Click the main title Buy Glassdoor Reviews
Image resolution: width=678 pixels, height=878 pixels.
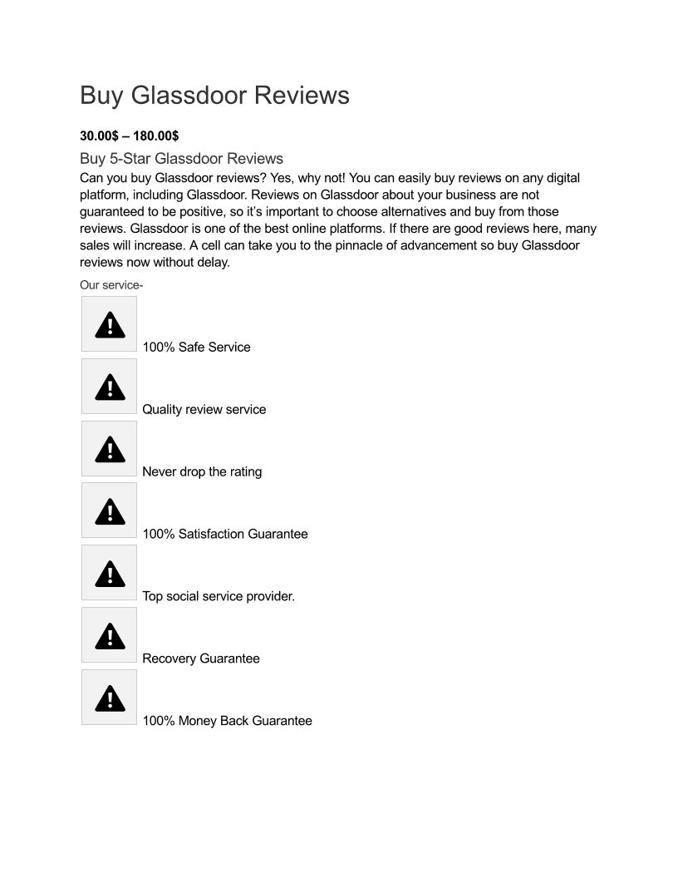(214, 96)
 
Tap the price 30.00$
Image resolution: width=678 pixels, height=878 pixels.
(100, 136)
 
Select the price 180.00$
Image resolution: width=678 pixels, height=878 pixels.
(156, 136)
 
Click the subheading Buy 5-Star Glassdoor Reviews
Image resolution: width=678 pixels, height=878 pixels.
(181, 159)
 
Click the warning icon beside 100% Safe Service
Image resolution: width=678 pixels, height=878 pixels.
(110, 324)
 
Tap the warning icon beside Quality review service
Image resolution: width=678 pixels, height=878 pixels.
(110, 387)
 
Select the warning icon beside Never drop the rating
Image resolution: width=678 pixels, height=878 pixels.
(110, 449)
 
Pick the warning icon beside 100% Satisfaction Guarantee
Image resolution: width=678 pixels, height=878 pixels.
(110, 511)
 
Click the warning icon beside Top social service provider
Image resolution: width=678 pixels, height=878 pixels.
(110, 573)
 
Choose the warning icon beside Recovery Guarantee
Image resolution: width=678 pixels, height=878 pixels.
(110, 635)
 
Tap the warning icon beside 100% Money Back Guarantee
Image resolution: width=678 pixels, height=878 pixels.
(110, 698)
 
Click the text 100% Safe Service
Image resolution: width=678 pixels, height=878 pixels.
(196, 348)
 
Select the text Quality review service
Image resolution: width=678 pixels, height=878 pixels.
(204, 410)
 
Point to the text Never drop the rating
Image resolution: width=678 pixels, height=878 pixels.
(202, 472)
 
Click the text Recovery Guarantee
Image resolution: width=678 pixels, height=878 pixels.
(201, 659)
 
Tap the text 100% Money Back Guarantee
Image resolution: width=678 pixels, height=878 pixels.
(227, 722)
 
